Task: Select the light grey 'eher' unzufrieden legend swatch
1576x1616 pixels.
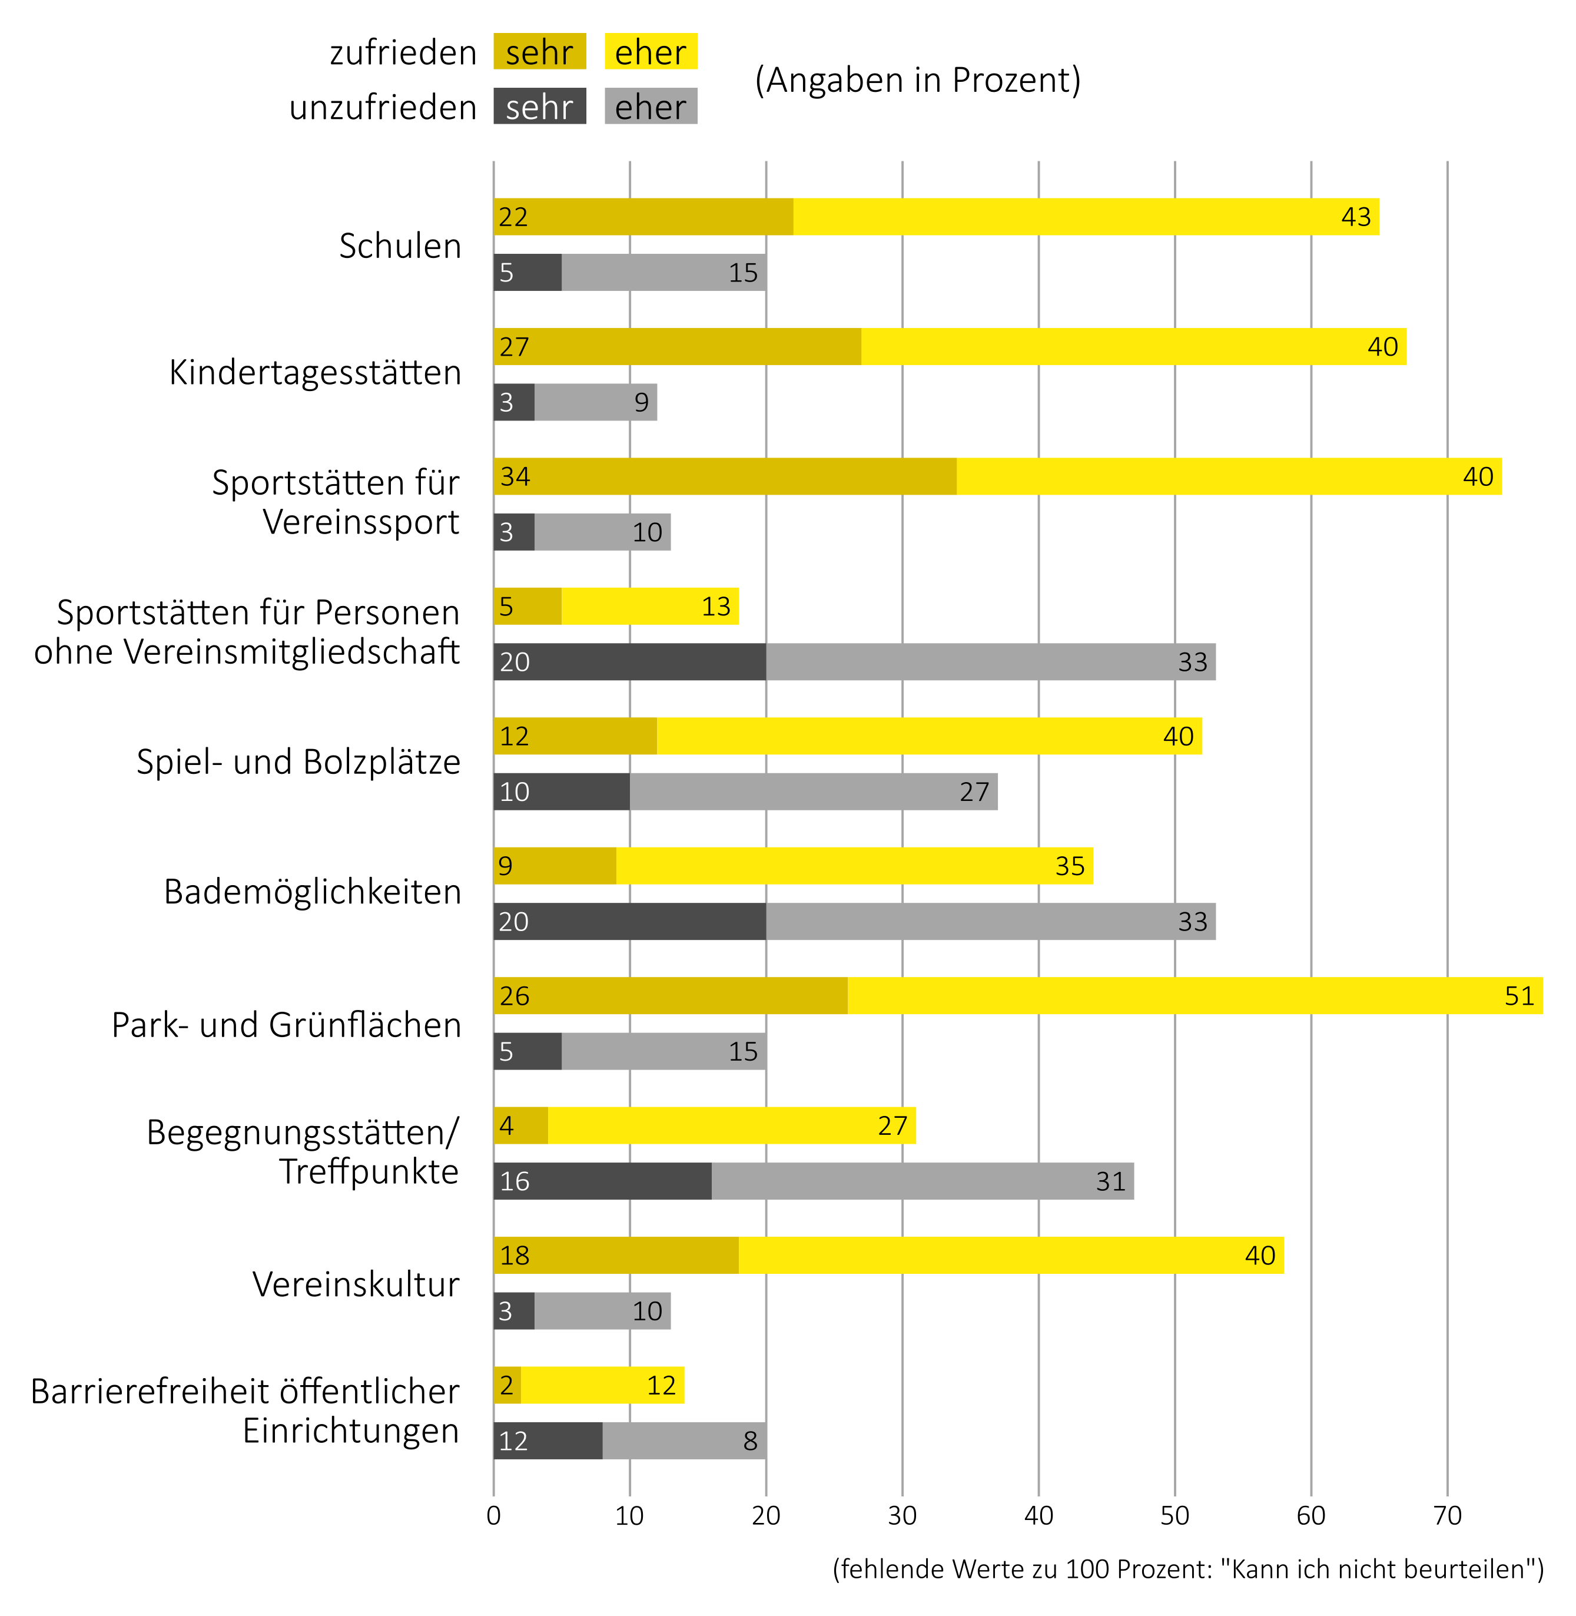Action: tap(651, 107)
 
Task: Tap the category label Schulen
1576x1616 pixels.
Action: tap(400, 246)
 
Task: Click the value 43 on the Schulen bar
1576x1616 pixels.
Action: tap(1356, 217)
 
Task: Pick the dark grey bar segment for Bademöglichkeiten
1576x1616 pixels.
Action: tap(629, 922)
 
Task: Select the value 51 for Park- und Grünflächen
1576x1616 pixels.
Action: tap(1519, 995)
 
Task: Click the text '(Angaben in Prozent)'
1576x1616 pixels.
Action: tap(918, 80)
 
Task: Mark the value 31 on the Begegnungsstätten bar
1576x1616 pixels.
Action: tap(1111, 1181)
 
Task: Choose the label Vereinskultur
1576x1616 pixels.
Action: tap(356, 1284)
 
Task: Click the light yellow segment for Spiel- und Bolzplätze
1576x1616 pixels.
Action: tap(929, 736)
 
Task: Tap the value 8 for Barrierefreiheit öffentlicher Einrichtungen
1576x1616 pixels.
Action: tap(750, 1441)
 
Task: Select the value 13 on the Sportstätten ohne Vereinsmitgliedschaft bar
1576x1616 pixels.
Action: tap(716, 607)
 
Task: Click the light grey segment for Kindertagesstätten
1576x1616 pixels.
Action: tap(596, 402)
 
